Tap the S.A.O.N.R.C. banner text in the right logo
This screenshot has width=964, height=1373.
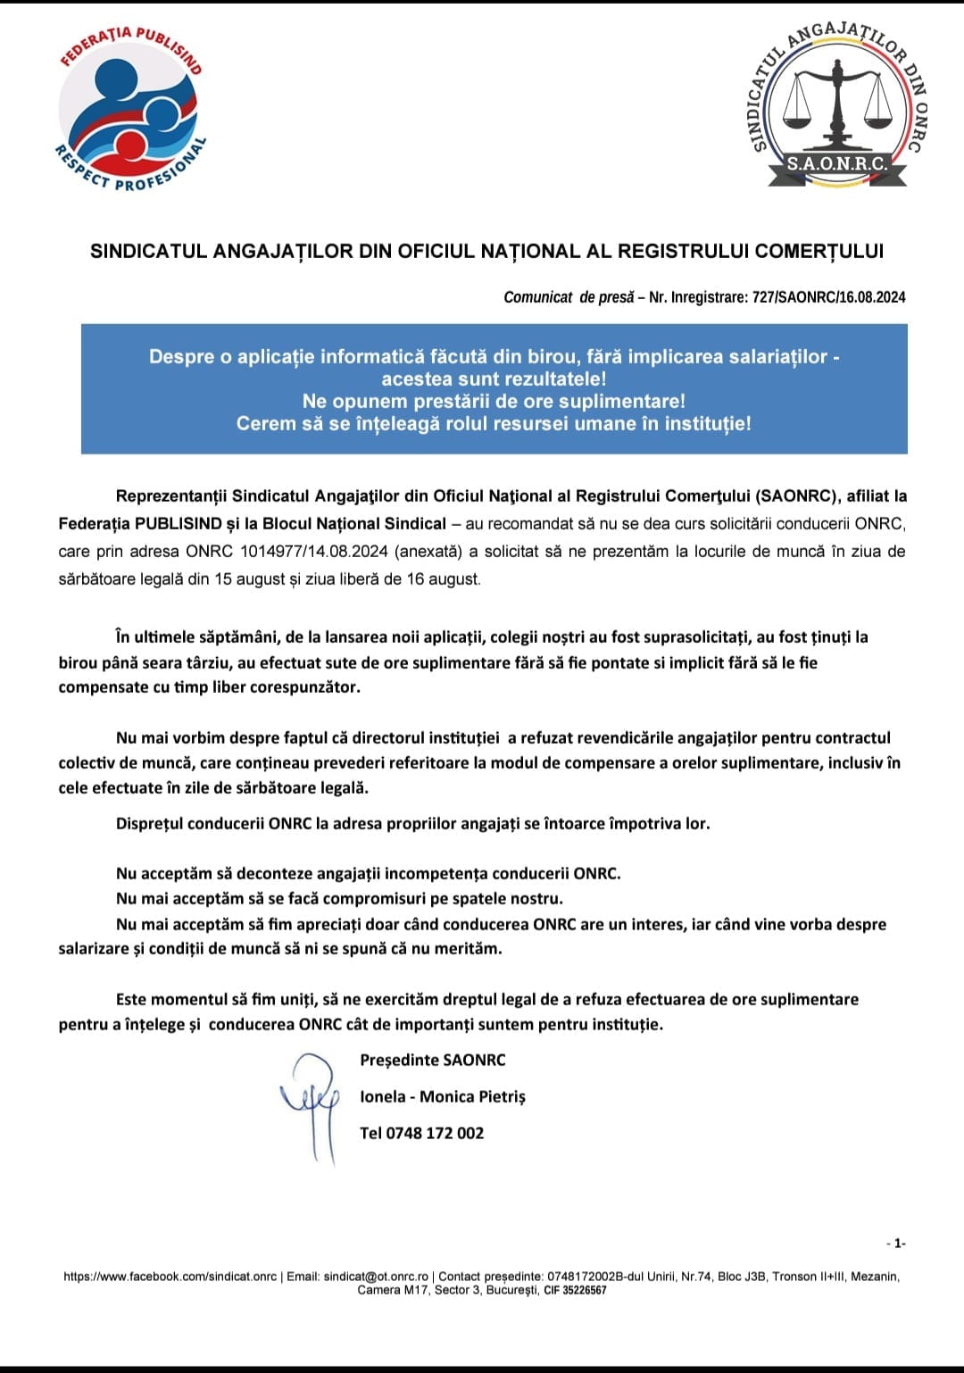tap(836, 164)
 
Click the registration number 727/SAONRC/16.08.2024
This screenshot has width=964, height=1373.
tap(829, 297)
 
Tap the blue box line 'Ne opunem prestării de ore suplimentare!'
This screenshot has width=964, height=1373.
tap(494, 401)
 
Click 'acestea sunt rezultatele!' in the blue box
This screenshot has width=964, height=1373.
tap(494, 379)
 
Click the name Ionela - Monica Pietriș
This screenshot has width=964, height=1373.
tap(443, 1097)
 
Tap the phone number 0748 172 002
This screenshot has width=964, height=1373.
tap(421, 1134)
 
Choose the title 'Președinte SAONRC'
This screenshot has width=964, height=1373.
tap(433, 1061)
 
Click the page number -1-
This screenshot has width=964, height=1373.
tap(896, 1244)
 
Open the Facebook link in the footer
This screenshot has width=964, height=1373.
tap(170, 1277)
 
